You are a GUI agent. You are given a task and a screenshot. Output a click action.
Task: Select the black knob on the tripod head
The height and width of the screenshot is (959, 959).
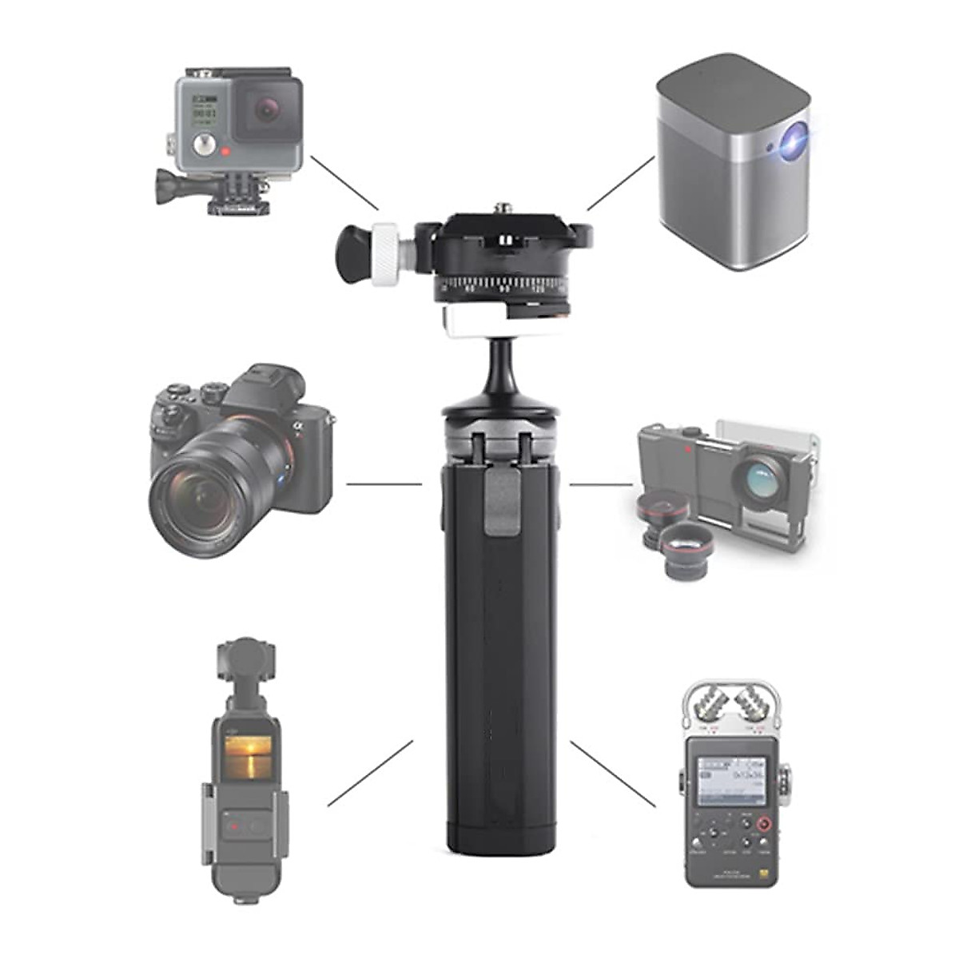[352, 254]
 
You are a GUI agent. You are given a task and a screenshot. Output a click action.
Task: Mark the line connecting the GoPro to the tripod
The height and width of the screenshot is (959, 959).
[344, 182]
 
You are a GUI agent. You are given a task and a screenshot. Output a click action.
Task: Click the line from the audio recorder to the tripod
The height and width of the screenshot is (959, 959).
[613, 774]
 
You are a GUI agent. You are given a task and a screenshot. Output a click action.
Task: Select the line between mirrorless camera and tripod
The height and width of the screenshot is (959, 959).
[384, 483]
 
